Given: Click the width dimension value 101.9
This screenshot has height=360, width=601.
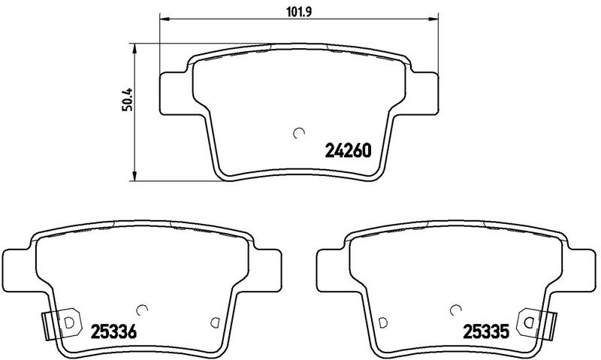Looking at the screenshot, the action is pyautogui.click(x=299, y=12).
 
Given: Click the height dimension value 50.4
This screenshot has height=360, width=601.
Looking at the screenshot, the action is pyautogui.click(x=128, y=99).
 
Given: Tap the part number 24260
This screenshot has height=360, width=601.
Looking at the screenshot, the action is pyautogui.click(x=349, y=150).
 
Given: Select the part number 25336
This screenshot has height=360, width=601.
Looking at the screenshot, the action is pyautogui.click(x=113, y=331).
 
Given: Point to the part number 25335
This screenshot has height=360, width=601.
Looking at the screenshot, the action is pyautogui.click(x=486, y=331).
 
